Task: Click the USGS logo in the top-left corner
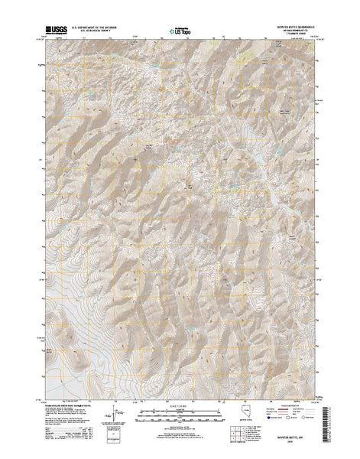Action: pos(54,30)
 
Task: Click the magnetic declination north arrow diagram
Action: pos(116,414)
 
